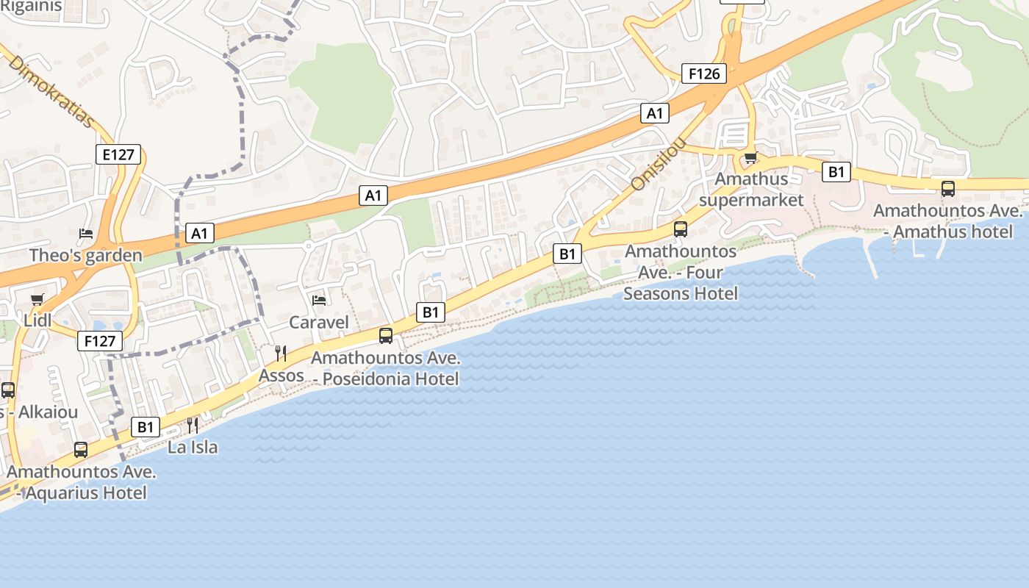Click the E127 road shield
pyautogui.click(x=118, y=154)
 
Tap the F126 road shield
pyautogui.click(x=704, y=73)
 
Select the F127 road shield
pyautogui.click(x=99, y=341)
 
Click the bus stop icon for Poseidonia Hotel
pyautogui.click(x=386, y=336)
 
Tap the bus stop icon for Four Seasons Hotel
pyautogui.click(x=681, y=229)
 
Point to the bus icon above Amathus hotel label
pyautogui.click(x=948, y=188)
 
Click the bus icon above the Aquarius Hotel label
pyautogui.click(x=81, y=449)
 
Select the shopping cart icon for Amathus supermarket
pyautogui.click(x=750, y=157)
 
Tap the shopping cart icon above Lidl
pyautogui.click(x=37, y=299)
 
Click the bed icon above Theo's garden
pyautogui.click(x=86, y=234)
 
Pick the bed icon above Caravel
pyautogui.click(x=319, y=300)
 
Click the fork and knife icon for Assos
pyautogui.click(x=281, y=354)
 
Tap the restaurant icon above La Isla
pyautogui.click(x=193, y=425)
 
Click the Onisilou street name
pyautogui.click(x=659, y=163)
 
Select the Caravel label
pyautogui.click(x=319, y=322)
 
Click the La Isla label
pyautogui.click(x=193, y=447)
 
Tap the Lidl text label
pyautogui.click(x=37, y=320)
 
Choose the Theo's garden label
pyautogui.click(x=86, y=256)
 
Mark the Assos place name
pyautogui.click(x=281, y=376)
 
